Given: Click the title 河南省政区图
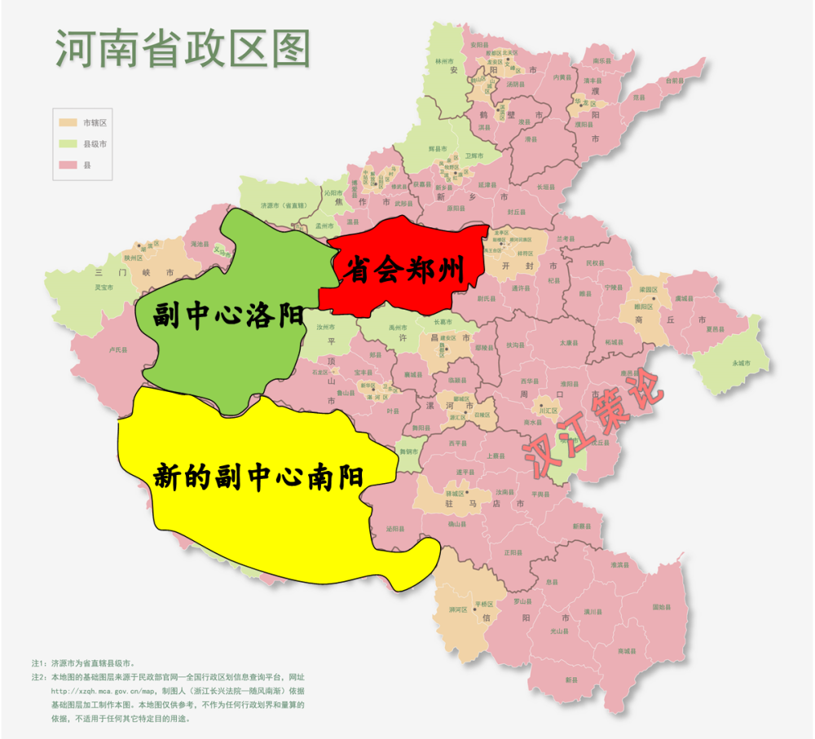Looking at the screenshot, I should [183, 49].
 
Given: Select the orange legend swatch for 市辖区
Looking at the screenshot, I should [67, 122].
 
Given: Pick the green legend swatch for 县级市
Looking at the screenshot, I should [67, 143].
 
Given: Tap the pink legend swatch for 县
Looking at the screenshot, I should [67, 165].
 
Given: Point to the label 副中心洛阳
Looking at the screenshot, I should [229, 315].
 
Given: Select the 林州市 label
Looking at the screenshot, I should [443, 60].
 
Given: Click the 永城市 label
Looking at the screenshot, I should [740, 363].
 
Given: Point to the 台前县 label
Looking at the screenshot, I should [673, 81].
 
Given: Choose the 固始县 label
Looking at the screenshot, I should [661, 607].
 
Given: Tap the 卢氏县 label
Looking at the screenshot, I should [118, 350].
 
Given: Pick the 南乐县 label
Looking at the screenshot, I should [601, 60].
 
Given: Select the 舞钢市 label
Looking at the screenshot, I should [408, 451].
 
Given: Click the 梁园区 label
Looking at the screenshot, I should [648, 288].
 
